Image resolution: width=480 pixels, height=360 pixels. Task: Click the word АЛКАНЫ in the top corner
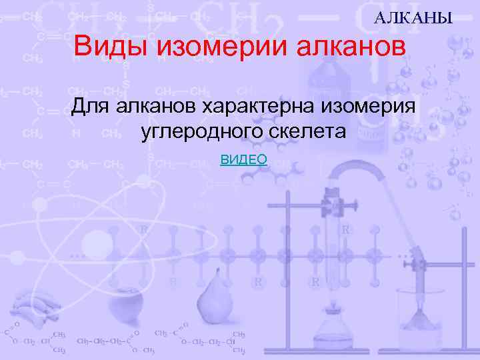point(413,18)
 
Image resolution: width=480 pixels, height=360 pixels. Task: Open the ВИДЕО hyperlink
point(243,159)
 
